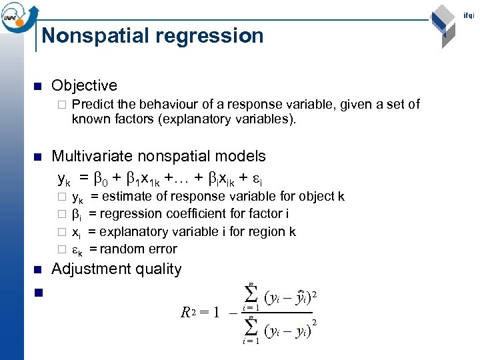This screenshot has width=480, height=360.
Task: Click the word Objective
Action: click(x=84, y=85)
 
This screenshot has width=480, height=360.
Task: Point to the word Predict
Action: click(x=93, y=104)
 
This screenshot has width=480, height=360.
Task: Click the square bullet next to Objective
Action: click(x=37, y=86)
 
